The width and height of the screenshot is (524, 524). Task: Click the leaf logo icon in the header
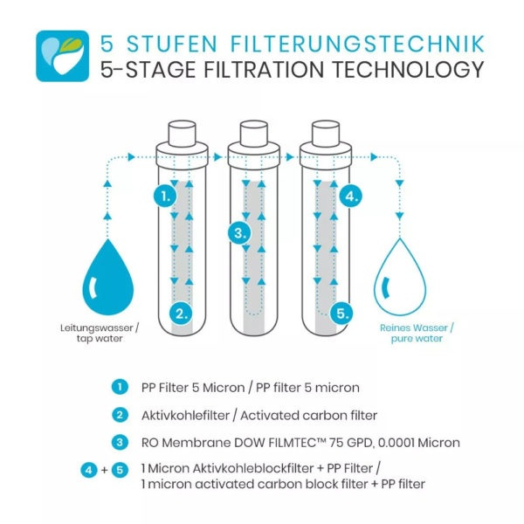pos(59,55)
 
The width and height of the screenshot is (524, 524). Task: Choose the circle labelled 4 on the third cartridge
pos(350,196)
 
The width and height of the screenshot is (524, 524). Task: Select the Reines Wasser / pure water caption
pos(416,334)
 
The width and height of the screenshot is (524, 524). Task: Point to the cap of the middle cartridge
pos(253,134)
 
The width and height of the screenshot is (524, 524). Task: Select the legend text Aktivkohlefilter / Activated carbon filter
pos(259,415)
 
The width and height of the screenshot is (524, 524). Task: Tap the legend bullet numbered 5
pos(119,471)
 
